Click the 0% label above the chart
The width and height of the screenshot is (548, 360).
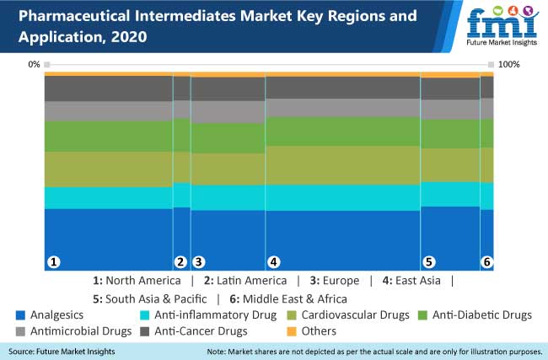(34, 65)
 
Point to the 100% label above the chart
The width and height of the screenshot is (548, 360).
(510, 65)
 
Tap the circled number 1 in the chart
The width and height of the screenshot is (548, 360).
(54, 262)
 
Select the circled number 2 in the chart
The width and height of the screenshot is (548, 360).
(180, 262)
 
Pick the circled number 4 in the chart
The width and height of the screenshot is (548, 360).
(273, 262)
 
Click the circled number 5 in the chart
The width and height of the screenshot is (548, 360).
(428, 262)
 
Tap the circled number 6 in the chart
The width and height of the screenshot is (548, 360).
(486, 262)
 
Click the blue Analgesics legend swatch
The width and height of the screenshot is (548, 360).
(19, 315)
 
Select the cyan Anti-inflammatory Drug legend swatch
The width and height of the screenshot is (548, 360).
(145, 315)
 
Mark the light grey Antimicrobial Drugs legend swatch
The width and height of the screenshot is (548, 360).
(19, 331)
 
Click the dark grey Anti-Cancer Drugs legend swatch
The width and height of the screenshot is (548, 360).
(145, 331)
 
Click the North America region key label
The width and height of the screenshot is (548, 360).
(137, 281)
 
